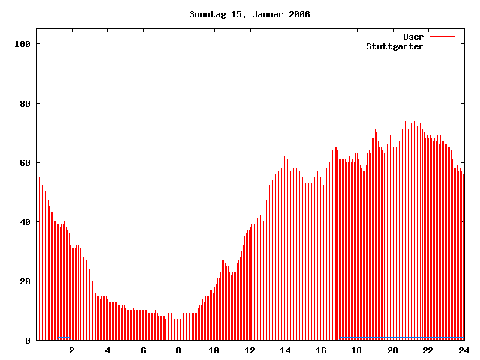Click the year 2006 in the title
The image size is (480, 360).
pyautogui.click(x=297, y=14)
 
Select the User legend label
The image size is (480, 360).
pyautogui.click(x=413, y=37)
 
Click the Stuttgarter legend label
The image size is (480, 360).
pyautogui.click(x=394, y=46)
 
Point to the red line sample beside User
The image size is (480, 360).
pyautogui.click(x=442, y=37)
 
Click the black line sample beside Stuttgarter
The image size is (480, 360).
pyautogui.click(x=442, y=46)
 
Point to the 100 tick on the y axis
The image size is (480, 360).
pyautogui.click(x=22, y=44)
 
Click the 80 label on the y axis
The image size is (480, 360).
pyautogui.click(x=25, y=103)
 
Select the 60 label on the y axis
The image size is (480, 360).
pyautogui.click(x=25, y=163)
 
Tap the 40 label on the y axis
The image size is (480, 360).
pyautogui.click(x=25, y=222)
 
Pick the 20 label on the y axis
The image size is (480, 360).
pyautogui.click(x=25, y=281)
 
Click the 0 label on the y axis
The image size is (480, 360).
pyautogui.click(x=28, y=340)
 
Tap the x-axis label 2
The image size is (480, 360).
pyautogui.click(x=72, y=350)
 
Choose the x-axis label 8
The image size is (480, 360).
pyautogui.click(x=178, y=350)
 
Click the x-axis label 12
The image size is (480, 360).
pyautogui.click(x=250, y=350)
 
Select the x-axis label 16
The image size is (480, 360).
pyautogui.click(x=321, y=350)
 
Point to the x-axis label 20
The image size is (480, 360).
pyautogui.click(x=392, y=350)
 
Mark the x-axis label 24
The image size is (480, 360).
pyautogui.click(x=463, y=350)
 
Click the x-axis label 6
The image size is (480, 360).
pyautogui.click(x=143, y=350)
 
